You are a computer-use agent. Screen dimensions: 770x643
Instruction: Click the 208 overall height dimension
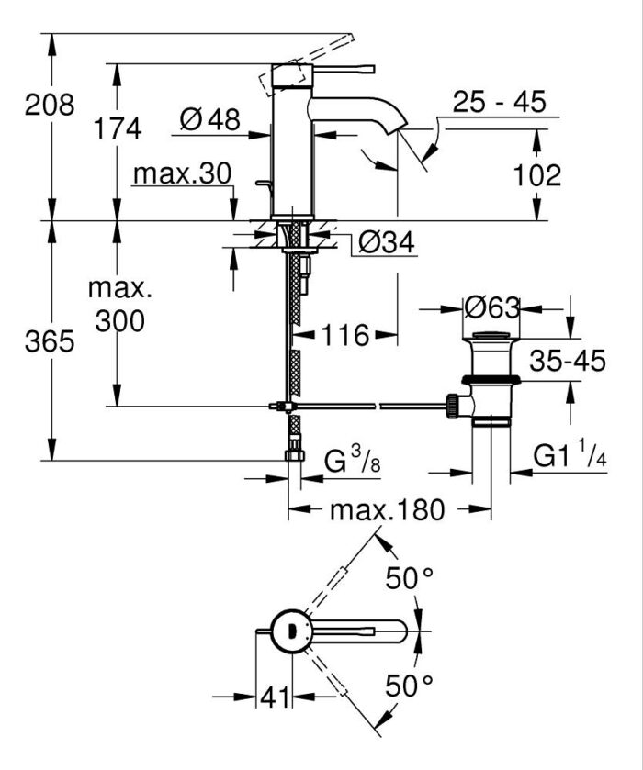[50, 105]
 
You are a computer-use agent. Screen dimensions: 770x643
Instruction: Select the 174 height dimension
[119, 129]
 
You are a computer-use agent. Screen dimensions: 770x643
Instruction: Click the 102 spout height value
[536, 174]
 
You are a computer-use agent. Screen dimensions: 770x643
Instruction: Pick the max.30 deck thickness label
[181, 174]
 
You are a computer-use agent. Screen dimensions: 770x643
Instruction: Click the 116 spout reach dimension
[344, 336]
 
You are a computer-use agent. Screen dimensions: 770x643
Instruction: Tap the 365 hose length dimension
[50, 342]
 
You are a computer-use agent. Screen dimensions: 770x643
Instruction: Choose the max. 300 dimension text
[116, 305]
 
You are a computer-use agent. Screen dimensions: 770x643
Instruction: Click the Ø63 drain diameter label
[492, 308]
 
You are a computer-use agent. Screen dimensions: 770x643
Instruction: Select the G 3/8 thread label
[351, 461]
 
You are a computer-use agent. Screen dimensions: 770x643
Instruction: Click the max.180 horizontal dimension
[388, 509]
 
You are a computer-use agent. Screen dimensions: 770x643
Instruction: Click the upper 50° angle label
[409, 579]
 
